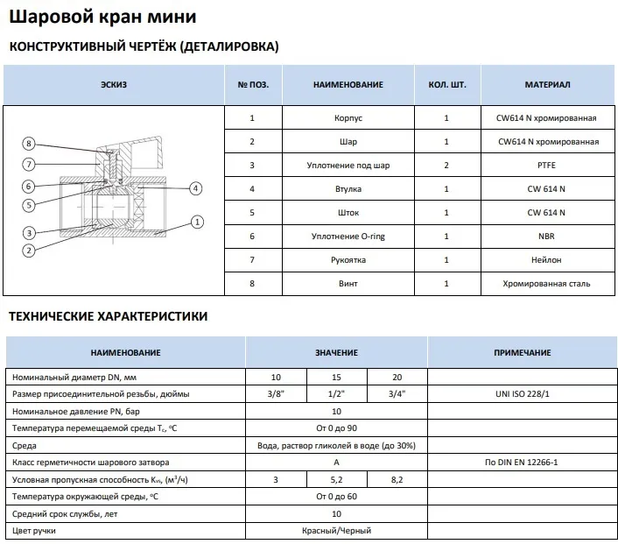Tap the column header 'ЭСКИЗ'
(114, 84)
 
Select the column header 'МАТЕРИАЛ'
(547, 84)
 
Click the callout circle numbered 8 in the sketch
(29, 144)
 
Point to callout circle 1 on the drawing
(198, 222)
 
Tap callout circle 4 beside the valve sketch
(196, 187)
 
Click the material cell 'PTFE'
(547, 165)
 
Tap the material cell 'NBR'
(547, 236)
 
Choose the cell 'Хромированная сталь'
(547, 283)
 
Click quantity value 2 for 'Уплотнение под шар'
(446, 165)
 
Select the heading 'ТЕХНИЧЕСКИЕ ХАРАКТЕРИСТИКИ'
(108, 316)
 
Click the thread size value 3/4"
(397, 393)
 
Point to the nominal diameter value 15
(336, 376)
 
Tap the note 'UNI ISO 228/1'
(522, 393)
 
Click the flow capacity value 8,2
(397, 479)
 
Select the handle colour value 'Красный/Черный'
(336, 531)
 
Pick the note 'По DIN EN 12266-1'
(522, 462)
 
